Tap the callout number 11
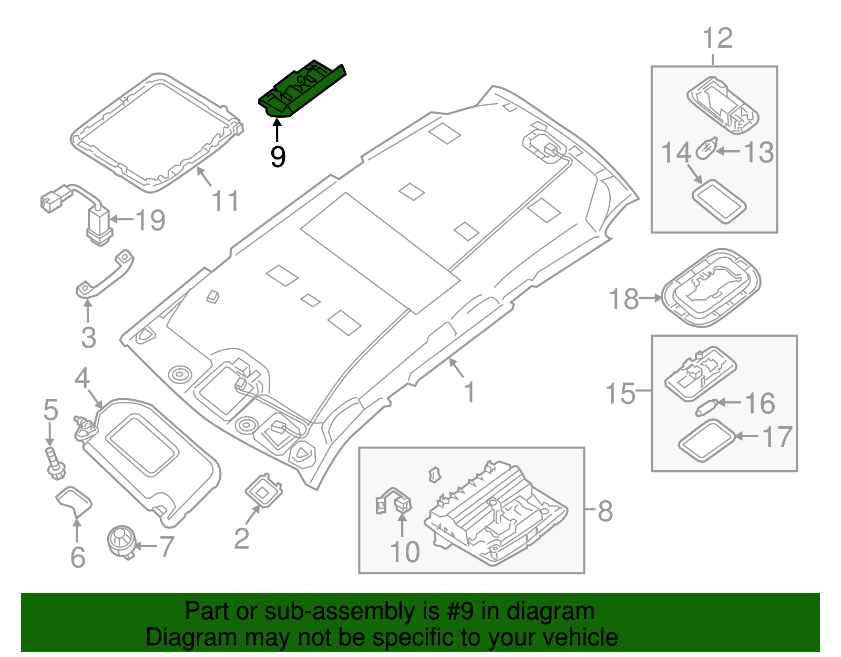[x=225, y=201]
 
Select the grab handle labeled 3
[x=105, y=276]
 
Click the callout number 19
[x=150, y=220]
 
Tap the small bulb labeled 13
[x=705, y=150]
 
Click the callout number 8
[x=605, y=511]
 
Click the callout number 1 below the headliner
[x=469, y=392]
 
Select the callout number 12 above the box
[x=717, y=38]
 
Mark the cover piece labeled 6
[x=74, y=501]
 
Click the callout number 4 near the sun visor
[x=82, y=378]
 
